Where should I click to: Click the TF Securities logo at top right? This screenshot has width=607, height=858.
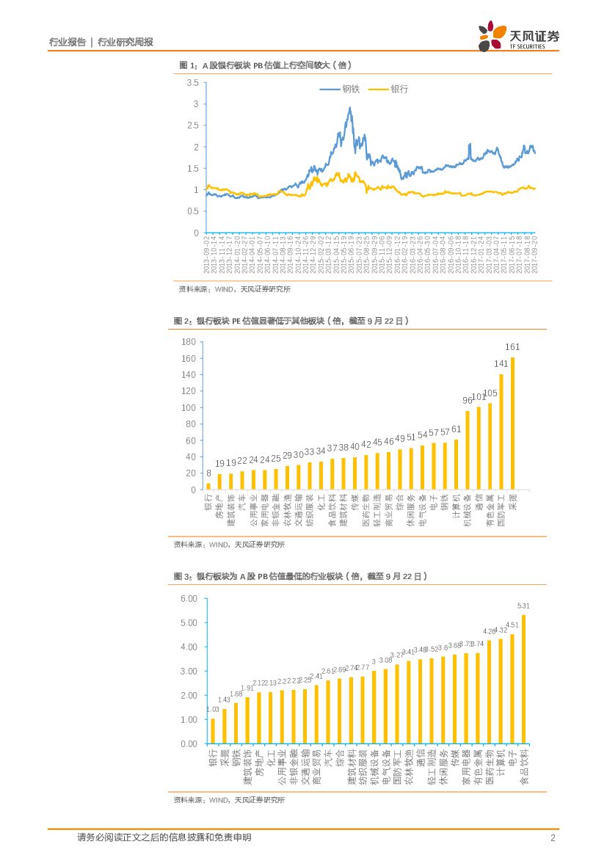click(x=518, y=36)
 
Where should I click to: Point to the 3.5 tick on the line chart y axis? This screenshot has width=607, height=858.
click(x=192, y=83)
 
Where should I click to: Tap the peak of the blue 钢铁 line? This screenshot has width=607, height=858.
click(x=350, y=109)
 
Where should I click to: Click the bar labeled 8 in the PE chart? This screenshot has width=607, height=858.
click(x=208, y=486)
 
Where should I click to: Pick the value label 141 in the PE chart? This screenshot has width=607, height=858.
click(x=501, y=363)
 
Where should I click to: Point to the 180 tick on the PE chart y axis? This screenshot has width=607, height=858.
click(x=188, y=342)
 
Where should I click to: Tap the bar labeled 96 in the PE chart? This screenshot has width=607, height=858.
click(x=468, y=450)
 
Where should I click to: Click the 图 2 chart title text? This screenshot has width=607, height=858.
click(x=291, y=321)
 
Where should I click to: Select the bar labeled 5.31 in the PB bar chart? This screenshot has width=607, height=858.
click(x=523, y=679)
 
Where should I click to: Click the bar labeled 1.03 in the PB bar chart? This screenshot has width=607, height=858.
click(x=213, y=731)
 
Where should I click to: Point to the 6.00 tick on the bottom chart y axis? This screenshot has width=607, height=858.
click(x=189, y=598)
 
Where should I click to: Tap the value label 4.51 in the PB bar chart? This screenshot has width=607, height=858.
click(x=512, y=625)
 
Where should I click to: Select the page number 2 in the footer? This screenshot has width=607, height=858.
click(x=552, y=837)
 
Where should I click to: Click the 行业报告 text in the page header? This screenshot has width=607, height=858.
click(x=67, y=43)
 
